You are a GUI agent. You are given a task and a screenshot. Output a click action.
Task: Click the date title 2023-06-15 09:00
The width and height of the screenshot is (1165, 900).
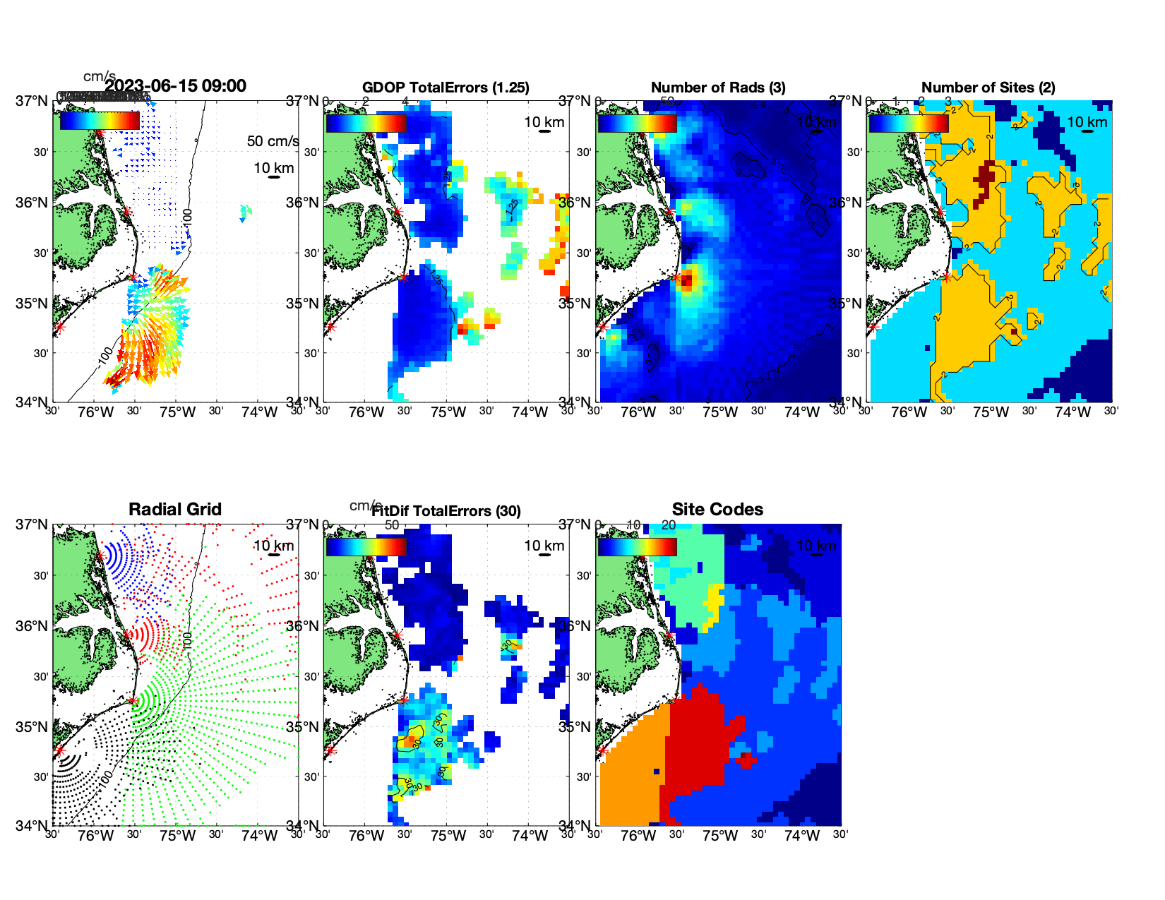point(175,86)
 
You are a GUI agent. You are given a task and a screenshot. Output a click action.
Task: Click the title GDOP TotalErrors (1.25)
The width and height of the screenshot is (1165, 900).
point(446,88)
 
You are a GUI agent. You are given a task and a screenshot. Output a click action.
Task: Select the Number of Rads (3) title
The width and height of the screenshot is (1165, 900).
point(718,88)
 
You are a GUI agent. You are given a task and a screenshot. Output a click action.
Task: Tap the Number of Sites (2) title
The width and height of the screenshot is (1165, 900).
point(988,88)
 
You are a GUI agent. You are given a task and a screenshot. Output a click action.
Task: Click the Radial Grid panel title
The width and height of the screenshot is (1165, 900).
point(175,510)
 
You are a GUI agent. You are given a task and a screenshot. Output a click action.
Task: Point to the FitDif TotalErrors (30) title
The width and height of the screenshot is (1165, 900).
point(446,511)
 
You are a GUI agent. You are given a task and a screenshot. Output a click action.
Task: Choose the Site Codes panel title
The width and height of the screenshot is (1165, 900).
point(717,510)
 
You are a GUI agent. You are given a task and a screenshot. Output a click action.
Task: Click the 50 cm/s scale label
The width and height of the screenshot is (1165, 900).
point(273,141)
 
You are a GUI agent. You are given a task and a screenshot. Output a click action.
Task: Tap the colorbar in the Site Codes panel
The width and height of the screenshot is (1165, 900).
point(638,547)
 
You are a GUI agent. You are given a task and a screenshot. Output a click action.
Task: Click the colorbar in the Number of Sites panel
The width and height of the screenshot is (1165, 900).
point(909,123)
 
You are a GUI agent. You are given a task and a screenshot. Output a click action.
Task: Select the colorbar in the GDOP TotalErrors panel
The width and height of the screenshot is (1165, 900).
point(366,123)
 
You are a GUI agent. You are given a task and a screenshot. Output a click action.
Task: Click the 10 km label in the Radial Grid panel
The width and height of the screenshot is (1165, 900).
point(273,546)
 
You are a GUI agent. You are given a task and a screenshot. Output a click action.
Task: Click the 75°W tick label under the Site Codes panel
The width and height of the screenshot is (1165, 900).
point(719,836)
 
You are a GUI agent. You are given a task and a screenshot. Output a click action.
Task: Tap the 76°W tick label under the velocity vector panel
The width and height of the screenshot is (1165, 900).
point(95,412)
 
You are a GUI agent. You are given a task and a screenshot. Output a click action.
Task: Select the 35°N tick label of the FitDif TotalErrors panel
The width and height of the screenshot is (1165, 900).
point(304,727)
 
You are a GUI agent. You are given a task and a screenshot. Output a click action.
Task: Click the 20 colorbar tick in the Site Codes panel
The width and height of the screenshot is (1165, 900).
point(668,525)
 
